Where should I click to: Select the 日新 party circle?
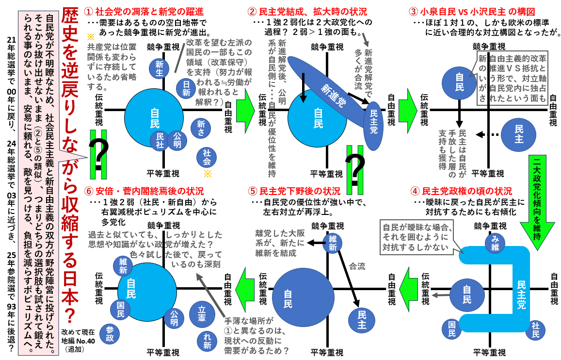coord(187,87)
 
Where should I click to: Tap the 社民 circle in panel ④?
coord(535,329)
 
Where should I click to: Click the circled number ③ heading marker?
coord(413,11)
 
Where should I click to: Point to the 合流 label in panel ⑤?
coord(357,266)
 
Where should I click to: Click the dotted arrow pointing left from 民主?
coord(486,134)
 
